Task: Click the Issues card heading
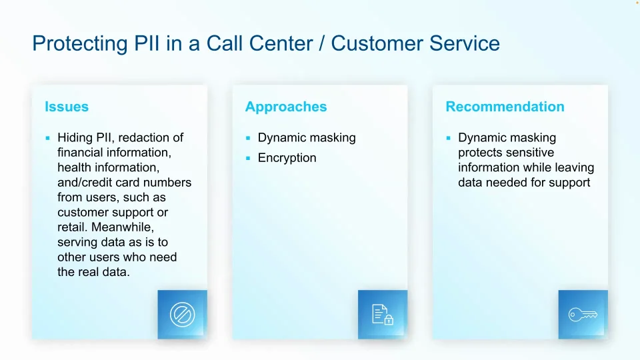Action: coord(67,107)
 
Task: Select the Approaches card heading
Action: coord(286,107)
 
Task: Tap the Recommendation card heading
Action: coord(505,107)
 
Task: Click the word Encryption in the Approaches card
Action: coord(287,158)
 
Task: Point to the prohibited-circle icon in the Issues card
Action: coord(182,314)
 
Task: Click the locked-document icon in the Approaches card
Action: coord(383,314)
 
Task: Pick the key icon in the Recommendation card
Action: coord(583,314)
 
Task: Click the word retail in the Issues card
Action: coord(72,227)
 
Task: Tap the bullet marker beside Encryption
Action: coord(248,158)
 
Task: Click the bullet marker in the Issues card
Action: coord(48,138)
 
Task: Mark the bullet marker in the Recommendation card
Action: coord(449,138)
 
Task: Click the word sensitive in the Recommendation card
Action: coord(529,153)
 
